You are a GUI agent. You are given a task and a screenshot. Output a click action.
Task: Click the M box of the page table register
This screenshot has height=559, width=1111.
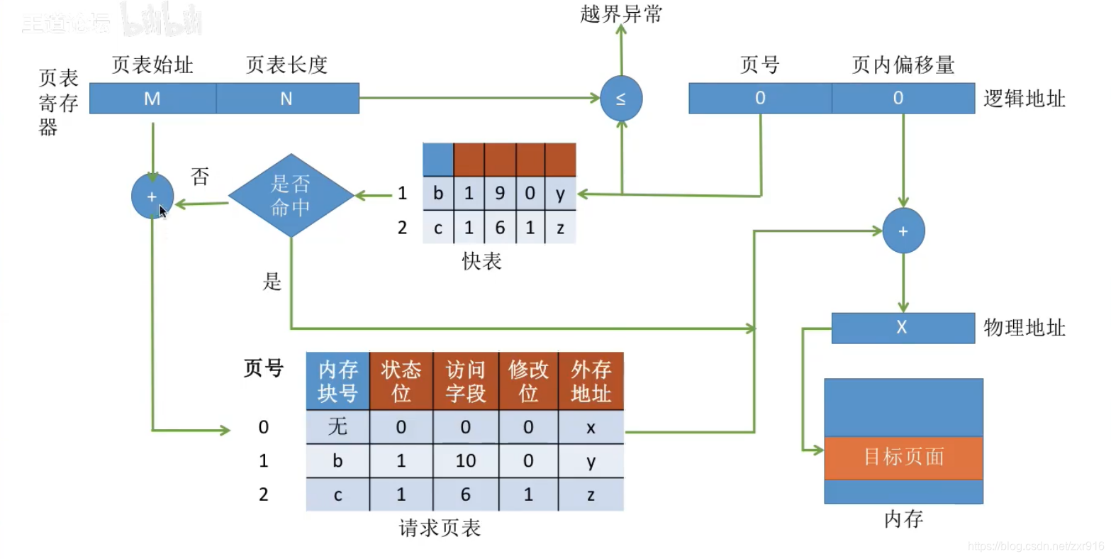coord(152,99)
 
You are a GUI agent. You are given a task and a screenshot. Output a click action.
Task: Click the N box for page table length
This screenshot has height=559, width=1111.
coord(287,99)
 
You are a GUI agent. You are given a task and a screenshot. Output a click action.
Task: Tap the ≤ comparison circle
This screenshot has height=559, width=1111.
coord(621,99)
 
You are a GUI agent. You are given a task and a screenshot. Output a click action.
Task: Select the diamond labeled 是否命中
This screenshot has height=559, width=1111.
coord(291,196)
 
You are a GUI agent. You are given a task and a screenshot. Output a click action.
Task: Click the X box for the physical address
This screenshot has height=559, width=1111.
coord(903,328)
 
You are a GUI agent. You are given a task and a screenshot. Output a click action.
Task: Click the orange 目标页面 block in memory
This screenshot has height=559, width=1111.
coord(903,458)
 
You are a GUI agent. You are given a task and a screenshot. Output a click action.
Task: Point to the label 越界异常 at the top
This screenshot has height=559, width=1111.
coord(621,13)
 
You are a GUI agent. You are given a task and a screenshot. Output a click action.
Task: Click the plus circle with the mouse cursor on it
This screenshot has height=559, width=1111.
coord(152,197)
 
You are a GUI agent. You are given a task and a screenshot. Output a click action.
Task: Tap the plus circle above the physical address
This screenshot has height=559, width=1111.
coord(903,231)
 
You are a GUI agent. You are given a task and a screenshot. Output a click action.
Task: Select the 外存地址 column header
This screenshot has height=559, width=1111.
coord(591,381)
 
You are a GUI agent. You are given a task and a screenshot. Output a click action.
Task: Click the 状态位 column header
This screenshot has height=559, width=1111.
coord(401,381)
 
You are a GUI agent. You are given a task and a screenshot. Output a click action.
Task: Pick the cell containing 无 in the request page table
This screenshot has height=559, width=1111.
coord(337,427)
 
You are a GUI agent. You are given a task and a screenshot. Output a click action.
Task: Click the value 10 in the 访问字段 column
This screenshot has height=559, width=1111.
coord(465,461)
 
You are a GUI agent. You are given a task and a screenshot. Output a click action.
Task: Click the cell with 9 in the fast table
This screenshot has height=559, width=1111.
coord(500,194)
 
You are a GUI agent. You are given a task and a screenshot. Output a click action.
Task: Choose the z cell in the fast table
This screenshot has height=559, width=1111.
coord(560,228)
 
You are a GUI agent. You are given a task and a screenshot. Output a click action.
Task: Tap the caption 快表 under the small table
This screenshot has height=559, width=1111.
coord(481,261)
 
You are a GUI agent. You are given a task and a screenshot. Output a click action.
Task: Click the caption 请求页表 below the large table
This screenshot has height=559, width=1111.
coord(440,528)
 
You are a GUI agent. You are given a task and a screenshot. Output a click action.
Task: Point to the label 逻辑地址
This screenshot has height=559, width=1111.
coord(1024,99)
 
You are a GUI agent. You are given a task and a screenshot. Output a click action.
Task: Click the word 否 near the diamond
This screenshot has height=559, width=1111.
coord(200,177)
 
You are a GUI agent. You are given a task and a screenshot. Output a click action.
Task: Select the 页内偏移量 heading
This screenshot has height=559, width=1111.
coord(903,65)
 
